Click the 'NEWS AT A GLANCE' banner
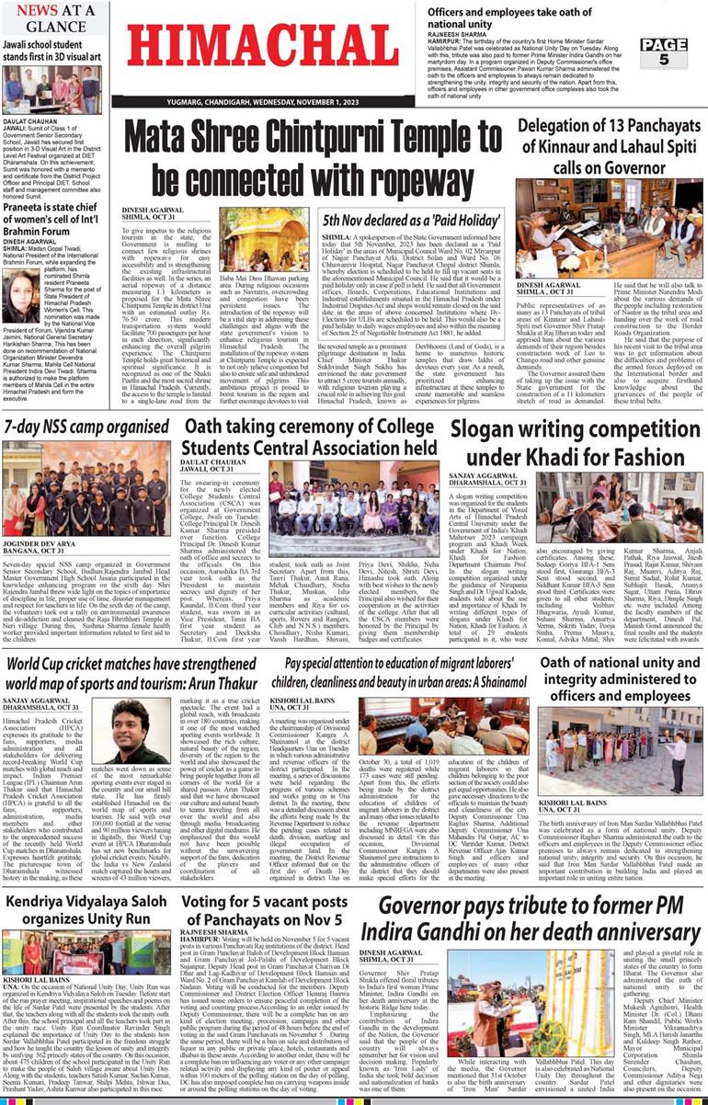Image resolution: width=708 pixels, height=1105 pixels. click(56, 18)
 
